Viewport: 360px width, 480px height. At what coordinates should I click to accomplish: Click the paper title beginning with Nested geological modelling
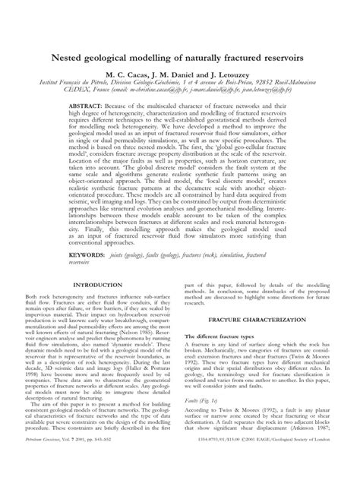(180, 58)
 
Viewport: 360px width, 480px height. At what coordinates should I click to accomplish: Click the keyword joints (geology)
(141, 258)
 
